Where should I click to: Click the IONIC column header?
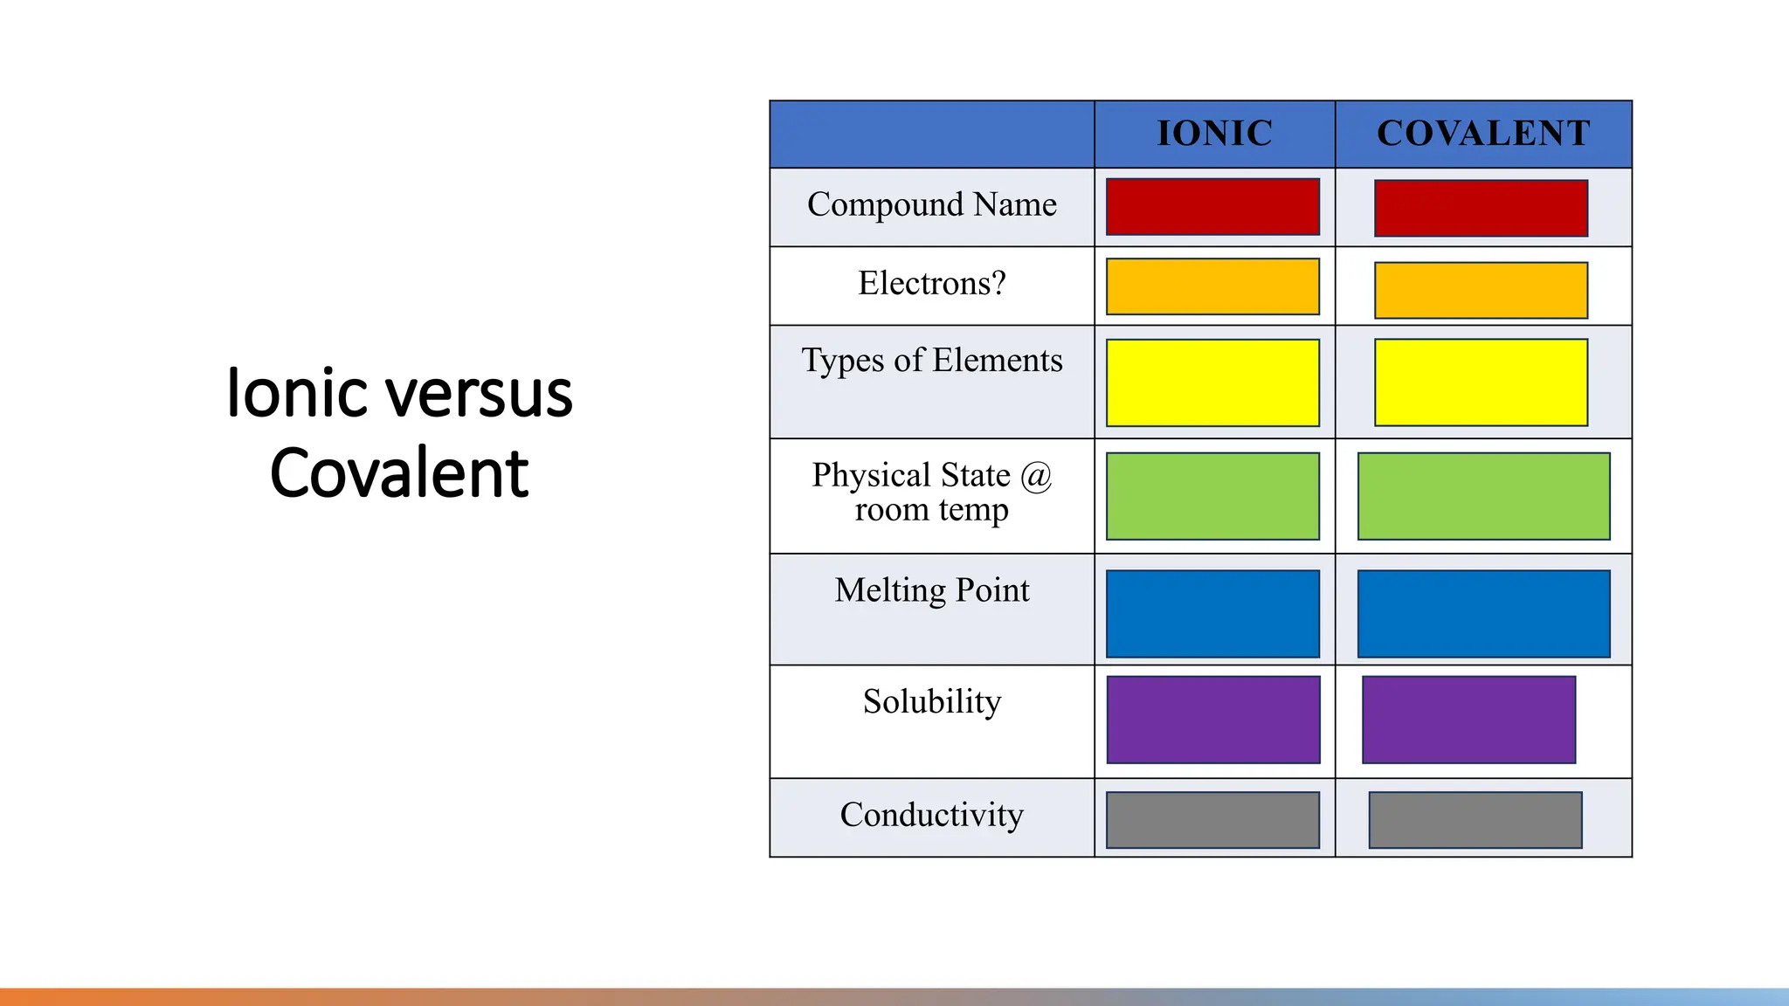pos(1214,134)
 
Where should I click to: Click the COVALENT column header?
pos(1483,134)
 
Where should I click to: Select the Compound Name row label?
pos(931,204)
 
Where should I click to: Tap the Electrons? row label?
pos(931,284)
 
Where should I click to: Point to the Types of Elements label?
pos(931,361)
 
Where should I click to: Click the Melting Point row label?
pos(931,590)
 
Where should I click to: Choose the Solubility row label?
pos(931,702)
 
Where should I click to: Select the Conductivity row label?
pos(931,815)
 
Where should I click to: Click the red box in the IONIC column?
pos(1212,207)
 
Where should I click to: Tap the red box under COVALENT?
pos(1481,209)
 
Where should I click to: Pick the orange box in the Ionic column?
pos(1212,286)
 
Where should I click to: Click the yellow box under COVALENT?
pos(1481,382)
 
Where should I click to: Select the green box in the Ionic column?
pos(1212,496)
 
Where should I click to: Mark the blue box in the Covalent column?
pos(1483,614)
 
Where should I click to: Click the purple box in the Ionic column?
pos(1212,720)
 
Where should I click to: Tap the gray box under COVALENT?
pos(1475,820)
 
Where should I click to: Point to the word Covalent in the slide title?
pos(399,473)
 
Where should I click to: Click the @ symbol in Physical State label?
pos(1036,476)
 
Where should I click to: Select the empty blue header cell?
pos(931,134)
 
